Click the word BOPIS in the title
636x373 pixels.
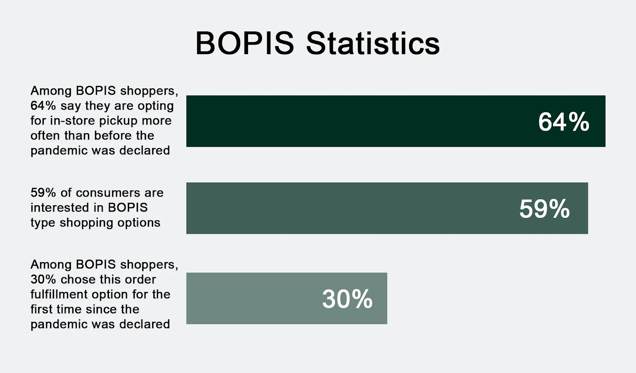244,43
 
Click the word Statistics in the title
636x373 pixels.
373,43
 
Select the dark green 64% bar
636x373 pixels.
396,121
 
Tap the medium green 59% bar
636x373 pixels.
387,208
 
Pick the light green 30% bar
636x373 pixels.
287,298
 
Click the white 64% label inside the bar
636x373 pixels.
564,122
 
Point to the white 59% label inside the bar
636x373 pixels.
544,209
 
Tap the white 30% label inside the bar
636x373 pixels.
347,299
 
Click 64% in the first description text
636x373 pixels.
43,106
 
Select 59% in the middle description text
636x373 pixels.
43,192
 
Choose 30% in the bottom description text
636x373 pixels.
43,280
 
